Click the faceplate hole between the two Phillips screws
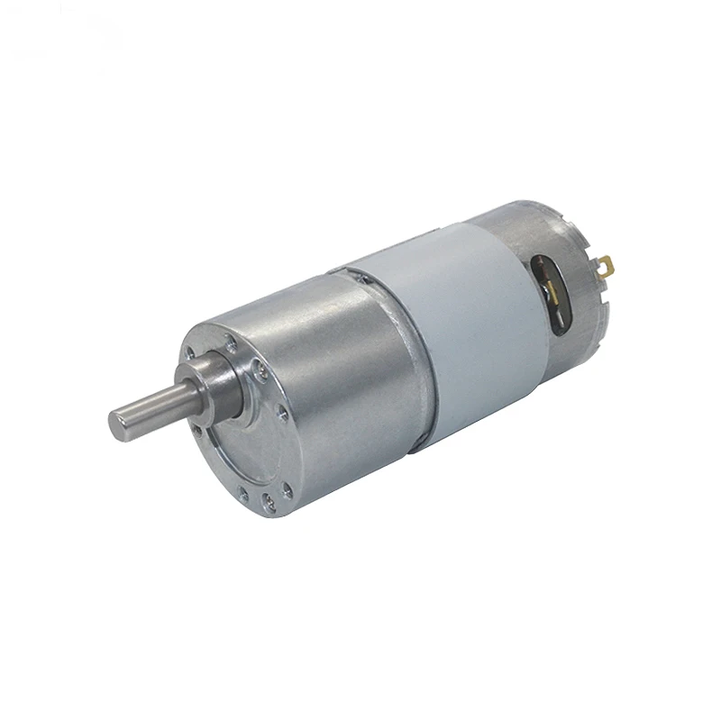point(283,415)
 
